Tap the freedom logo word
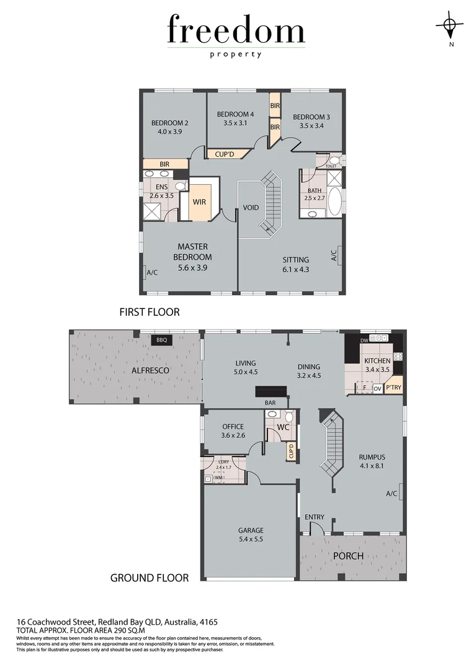pos(236,31)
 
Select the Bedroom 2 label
pos(169,123)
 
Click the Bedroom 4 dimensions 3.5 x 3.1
pos(235,123)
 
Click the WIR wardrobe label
pos(200,202)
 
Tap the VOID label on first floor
pos(251,208)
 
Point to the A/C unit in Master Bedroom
pos(151,272)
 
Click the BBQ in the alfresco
pos(162,340)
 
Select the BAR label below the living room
pos(271,403)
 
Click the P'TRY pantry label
pos(393,388)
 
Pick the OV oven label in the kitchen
pos(377,389)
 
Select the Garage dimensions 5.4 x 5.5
pos(251,540)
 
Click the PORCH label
pos(348,556)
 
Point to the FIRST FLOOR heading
pos(150,312)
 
